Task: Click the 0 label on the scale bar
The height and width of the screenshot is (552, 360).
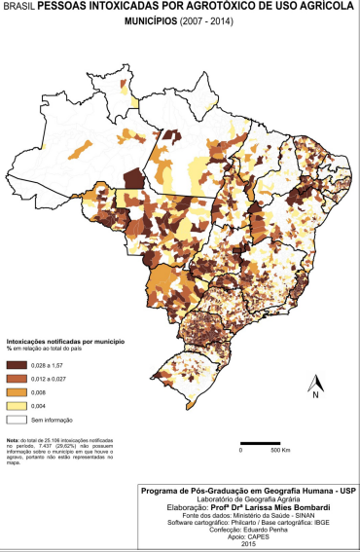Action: [240, 452]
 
